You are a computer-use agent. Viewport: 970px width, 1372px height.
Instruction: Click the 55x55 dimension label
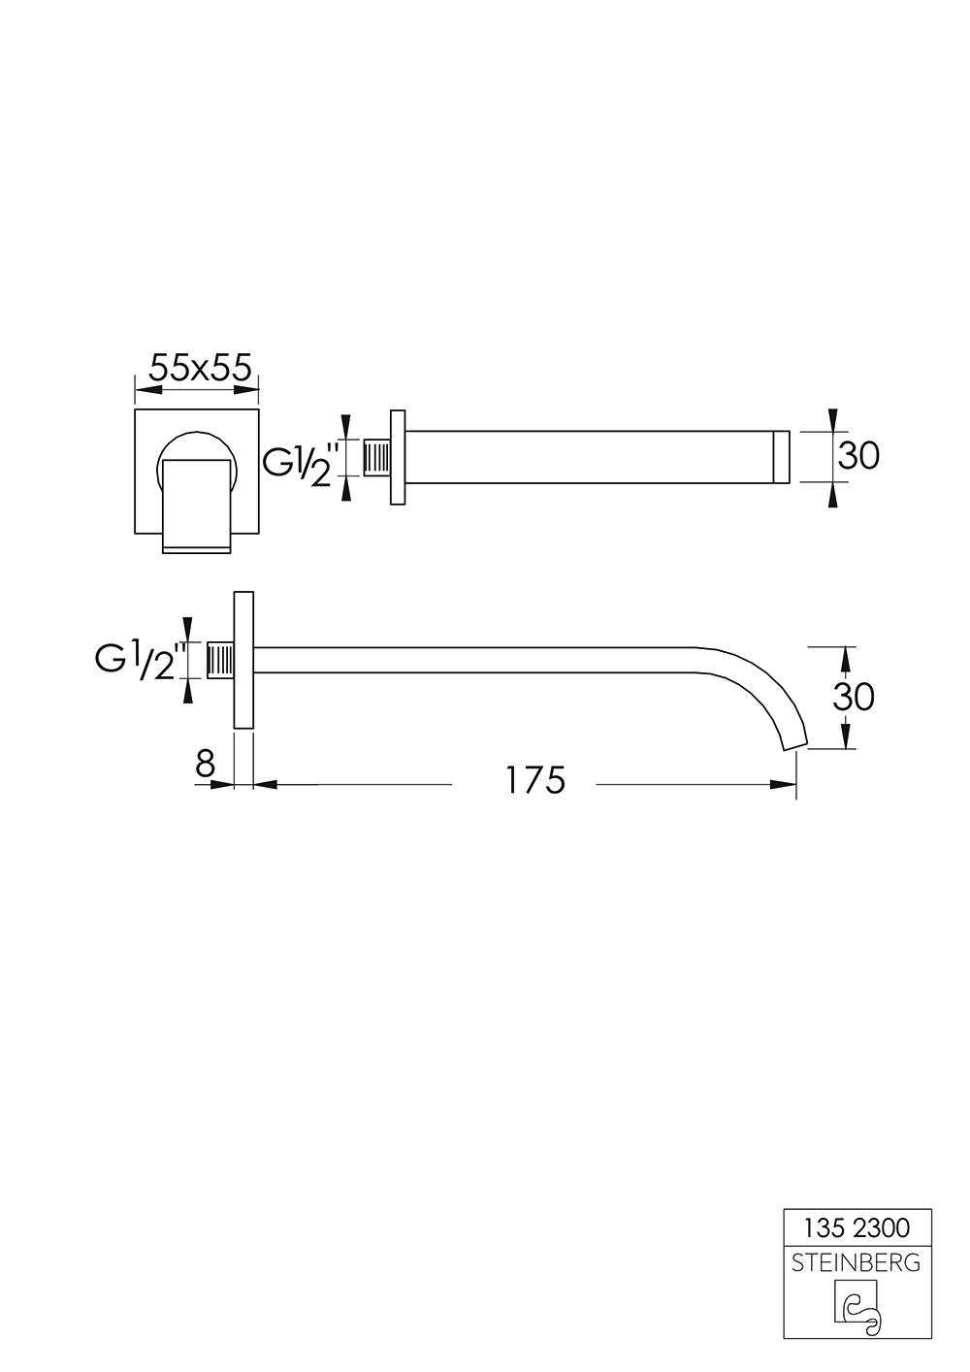(x=200, y=368)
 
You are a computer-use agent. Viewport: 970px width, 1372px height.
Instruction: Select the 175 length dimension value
(x=534, y=780)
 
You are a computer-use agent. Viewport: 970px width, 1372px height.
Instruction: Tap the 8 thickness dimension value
(x=205, y=766)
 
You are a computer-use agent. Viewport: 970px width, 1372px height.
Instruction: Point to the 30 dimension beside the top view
(x=857, y=455)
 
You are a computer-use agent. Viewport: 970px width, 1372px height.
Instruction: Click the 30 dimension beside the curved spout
(x=854, y=696)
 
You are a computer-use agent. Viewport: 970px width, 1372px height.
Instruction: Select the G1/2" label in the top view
(x=303, y=462)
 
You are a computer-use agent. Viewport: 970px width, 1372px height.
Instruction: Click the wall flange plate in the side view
(x=242, y=660)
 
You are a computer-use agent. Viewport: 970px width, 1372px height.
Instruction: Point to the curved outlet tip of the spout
(x=793, y=742)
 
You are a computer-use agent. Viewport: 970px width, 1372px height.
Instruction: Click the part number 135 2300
(x=857, y=1228)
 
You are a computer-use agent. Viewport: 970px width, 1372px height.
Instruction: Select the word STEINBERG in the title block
(x=857, y=1262)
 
